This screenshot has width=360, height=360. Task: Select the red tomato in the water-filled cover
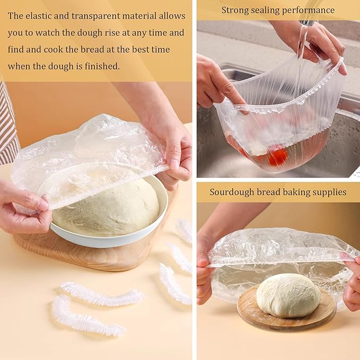coord(277,156)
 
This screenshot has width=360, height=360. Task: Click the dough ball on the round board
coord(288,295)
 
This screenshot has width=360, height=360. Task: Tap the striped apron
coord(8,127)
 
